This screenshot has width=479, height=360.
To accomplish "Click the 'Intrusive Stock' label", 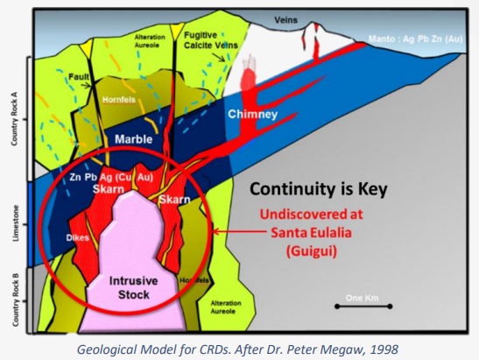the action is [133, 287].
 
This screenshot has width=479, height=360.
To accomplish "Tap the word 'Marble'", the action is [133, 139].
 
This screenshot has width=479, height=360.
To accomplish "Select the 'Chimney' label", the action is [253, 114].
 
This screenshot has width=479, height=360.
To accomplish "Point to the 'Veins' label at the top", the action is [285, 20].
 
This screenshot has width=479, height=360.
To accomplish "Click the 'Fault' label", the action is [79, 77].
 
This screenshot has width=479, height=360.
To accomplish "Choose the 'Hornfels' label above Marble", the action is [119, 100].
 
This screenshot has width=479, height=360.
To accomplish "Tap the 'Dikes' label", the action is [78, 237].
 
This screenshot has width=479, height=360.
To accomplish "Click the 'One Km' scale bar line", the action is [363, 307].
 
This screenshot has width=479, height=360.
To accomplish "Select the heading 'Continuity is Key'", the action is [319, 189].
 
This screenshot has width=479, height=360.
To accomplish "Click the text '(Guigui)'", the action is [312, 251].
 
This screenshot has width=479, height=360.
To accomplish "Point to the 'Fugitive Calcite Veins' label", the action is [210, 40].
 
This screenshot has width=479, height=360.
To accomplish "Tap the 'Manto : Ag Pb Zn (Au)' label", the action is [415, 39].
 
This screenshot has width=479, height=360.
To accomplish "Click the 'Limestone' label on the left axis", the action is [16, 223].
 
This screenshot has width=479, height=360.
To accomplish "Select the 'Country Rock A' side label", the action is [14, 118].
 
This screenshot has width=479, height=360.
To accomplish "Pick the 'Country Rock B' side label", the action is [16, 300].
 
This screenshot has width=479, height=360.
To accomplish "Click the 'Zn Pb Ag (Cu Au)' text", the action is [111, 177].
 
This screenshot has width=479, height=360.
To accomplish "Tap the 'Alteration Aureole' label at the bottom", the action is [226, 307].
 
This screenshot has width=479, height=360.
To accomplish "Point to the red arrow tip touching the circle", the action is [213, 231].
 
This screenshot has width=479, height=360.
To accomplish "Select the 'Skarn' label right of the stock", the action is [174, 200].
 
